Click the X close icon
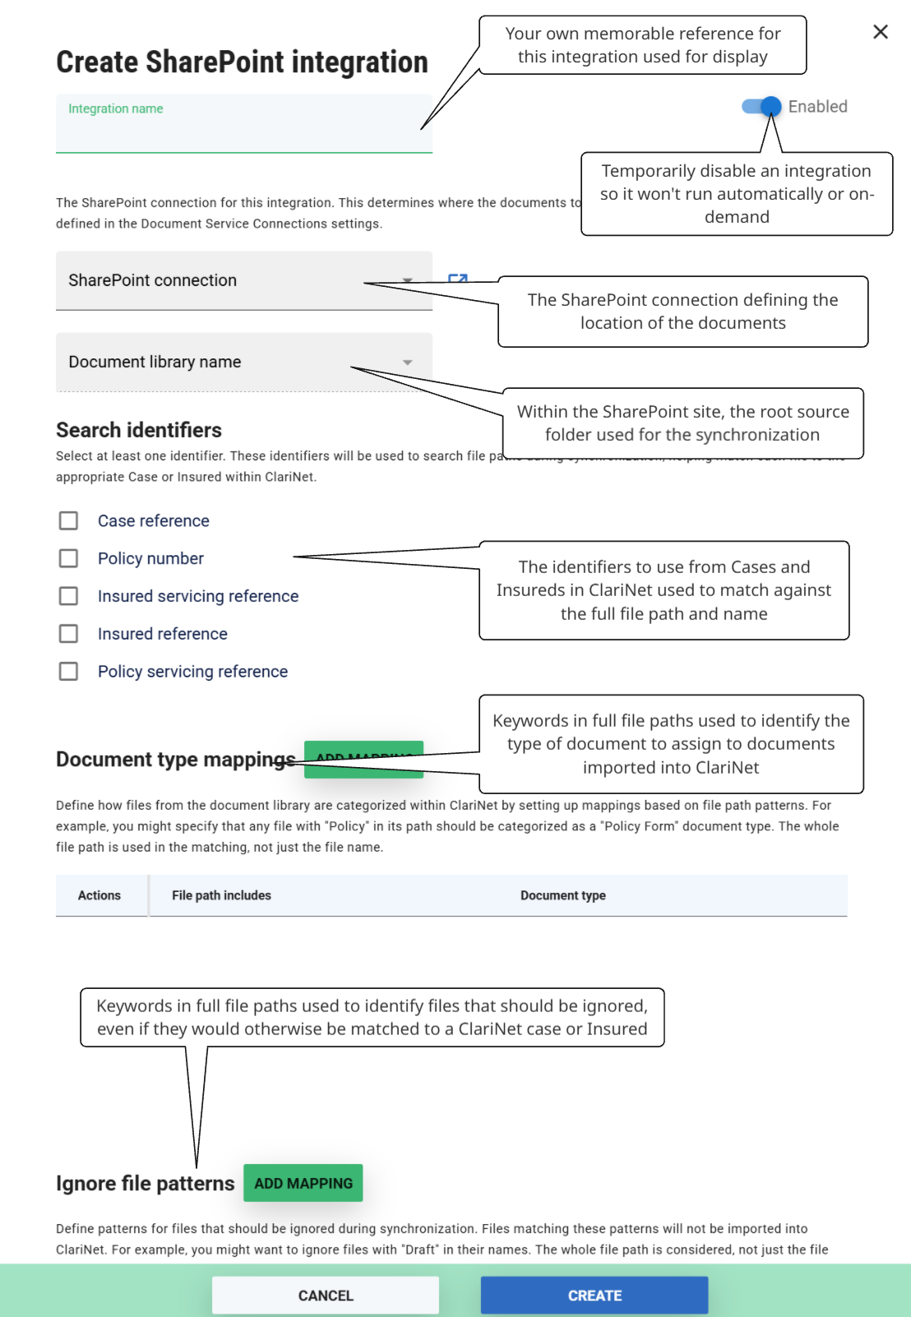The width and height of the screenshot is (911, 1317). click(880, 32)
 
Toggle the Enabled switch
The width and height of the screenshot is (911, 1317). click(761, 107)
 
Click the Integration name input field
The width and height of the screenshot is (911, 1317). click(243, 127)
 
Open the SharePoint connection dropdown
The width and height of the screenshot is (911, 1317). click(243, 280)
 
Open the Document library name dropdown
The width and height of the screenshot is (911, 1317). click(243, 362)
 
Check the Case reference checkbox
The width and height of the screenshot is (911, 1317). click(69, 521)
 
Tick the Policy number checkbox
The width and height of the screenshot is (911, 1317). click(69, 559)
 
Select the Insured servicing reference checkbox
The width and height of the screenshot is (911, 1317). click(69, 596)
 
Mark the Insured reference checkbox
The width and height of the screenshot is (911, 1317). click(69, 634)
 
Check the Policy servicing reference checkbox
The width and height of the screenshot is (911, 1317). click(69, 672)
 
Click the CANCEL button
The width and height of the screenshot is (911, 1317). click(325, 1296)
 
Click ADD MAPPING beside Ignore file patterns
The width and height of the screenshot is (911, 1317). click(303, 1183)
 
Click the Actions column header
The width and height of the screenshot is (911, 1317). click(99, 895)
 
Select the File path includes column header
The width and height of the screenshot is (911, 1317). click(221, 895)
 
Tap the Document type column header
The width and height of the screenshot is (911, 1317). click(562, 895)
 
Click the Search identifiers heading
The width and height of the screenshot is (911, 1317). click(139, 430)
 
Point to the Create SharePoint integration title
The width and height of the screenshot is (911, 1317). click(242, 62)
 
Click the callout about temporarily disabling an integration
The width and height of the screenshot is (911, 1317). click(736, 194)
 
